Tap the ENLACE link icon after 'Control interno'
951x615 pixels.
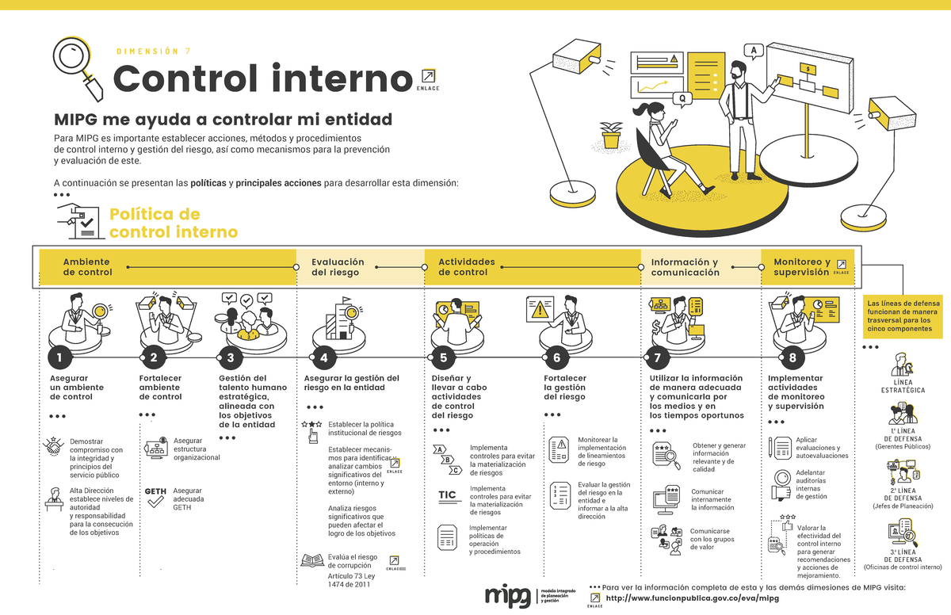(428, 76)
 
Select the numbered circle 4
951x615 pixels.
(323, 357)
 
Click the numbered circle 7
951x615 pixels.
(657, 357)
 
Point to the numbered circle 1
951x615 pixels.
(59, 357)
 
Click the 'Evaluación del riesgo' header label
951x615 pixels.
(338, 267)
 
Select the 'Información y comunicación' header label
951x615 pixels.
(685, 267)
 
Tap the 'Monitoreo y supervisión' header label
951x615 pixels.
(801, 267)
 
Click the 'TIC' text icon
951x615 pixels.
(449, 496)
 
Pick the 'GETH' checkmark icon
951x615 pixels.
(155, 496)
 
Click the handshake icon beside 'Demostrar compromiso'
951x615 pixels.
(54, 448)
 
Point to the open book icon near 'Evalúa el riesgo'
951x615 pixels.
(311, 560)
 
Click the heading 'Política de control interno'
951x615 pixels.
(173, 223)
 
